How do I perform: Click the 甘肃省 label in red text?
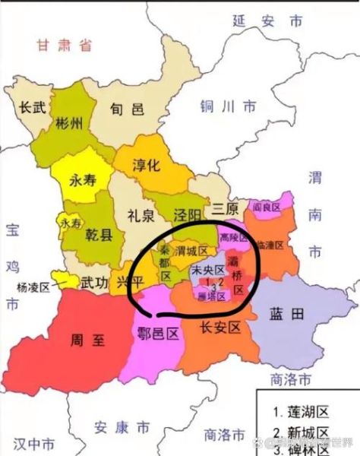tap(63, 46)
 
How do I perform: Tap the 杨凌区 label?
tap(33, 287)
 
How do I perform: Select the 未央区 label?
tap(208, 270)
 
